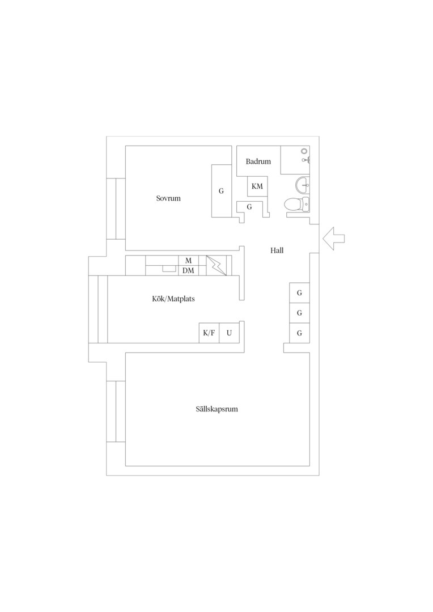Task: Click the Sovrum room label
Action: point(168,198)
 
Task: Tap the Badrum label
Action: point(258,161)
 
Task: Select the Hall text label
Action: point(277,250)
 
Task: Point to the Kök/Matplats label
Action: point(173,299)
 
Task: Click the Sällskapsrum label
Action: point(217,409)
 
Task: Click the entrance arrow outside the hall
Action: point(334,239)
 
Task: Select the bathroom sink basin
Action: point(302,185)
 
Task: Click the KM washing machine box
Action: point(257,186)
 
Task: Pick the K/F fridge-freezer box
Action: point(209,333)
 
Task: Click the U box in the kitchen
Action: point(229,333)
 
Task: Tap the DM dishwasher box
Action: point(189,270)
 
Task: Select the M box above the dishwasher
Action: point(189,261)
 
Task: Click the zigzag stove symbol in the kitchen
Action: point(216,265)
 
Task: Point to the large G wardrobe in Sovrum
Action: point(222,191)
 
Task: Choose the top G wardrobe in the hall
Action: point(299,293)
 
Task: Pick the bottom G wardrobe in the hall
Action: point(299,333)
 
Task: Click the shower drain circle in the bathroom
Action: point(304,151)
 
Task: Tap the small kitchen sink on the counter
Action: point(169,269)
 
